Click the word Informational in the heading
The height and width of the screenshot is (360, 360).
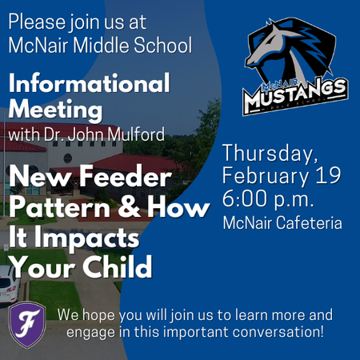tap(90, 83)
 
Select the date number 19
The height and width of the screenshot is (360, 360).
tap(329, 175)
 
